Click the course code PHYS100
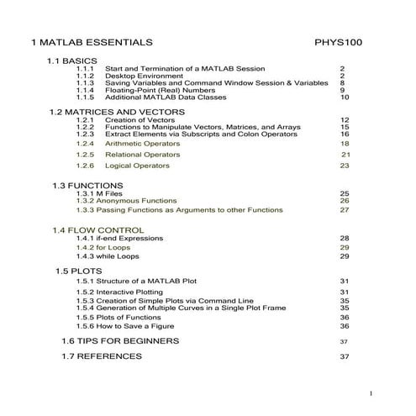(338, 41)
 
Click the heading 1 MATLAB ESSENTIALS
(92, 41)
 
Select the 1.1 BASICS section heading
(73, 61)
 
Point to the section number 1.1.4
(85, 90)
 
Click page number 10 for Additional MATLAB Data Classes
(345, 97)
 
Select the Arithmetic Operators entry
(143, 144)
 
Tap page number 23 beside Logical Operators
(345, 166)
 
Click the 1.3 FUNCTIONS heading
(87, 185)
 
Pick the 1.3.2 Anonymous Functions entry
(129, 201)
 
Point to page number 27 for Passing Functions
(345, 210)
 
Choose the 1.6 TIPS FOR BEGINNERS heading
(120, 341)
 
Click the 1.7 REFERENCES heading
(102, 356)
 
